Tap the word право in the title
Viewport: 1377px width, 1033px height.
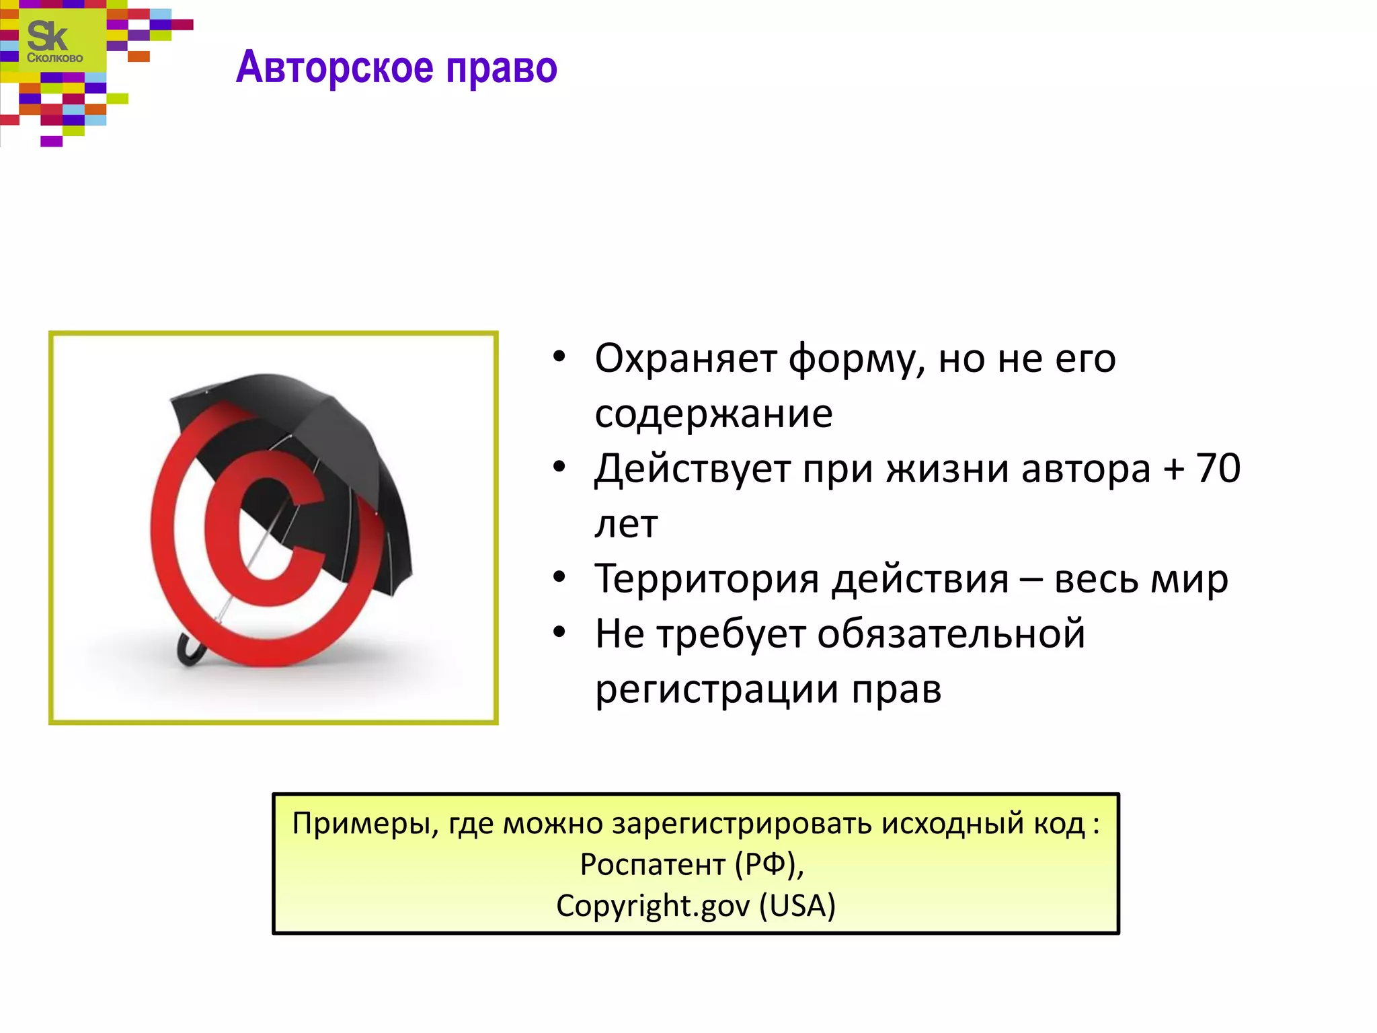[x=502, y=68]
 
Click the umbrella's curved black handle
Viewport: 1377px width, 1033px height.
[x=188, y=650]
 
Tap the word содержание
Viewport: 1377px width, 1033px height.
[x=713, y=414]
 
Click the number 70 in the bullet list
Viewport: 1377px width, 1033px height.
[x=1218, y=468]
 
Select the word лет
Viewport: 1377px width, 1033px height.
[x=626, y=524]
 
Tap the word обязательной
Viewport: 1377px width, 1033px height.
[x=951, y=634]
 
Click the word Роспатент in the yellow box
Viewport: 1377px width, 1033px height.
[x=652, y=865]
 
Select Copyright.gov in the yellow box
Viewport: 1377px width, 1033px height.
[x=652, y=906]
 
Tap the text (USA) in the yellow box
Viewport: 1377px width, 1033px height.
[x=797, y=906]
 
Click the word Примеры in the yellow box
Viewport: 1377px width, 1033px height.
[x=362, y=824]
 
